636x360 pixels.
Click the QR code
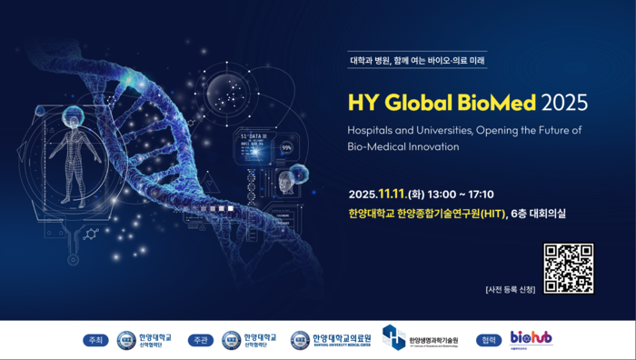point(569,268)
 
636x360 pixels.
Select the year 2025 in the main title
point(564,101)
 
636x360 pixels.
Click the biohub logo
point(531,338)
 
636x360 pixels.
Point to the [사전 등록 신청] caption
point(511,289)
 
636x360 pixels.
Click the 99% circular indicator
point(287,147)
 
